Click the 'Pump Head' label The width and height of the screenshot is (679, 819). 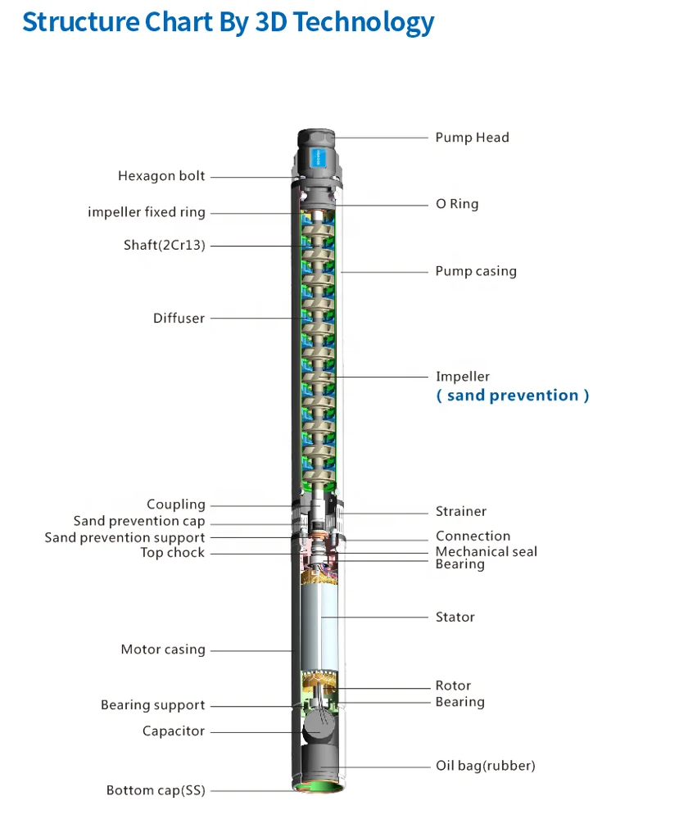tap(472, 138)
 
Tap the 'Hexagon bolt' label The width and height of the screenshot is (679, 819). tap(161, 176)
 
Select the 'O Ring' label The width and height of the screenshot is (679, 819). tap(457, 204)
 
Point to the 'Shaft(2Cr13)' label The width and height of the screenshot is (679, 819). tap(165, 245)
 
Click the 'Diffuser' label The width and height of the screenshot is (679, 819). tap(179, 318)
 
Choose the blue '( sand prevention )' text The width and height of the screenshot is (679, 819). tap(513, 396)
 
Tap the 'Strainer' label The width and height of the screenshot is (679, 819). tap(461, 511)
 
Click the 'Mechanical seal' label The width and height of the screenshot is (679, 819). tap(487, 551)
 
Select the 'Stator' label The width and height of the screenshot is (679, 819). tap(455, 617)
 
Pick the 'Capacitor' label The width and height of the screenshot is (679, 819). tap(174, 731)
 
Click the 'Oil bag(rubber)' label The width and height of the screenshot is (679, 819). tap(485, 766)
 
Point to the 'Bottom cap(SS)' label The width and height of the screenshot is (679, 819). tap(156, 790)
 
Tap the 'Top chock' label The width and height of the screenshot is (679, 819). tap(173, 553)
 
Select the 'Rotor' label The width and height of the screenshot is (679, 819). tap(453, 686)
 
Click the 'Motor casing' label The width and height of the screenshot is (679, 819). tap(163, 649)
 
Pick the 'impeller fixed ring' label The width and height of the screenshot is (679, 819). tap(147, 212)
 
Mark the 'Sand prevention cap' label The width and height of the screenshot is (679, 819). tap(139, 521)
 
